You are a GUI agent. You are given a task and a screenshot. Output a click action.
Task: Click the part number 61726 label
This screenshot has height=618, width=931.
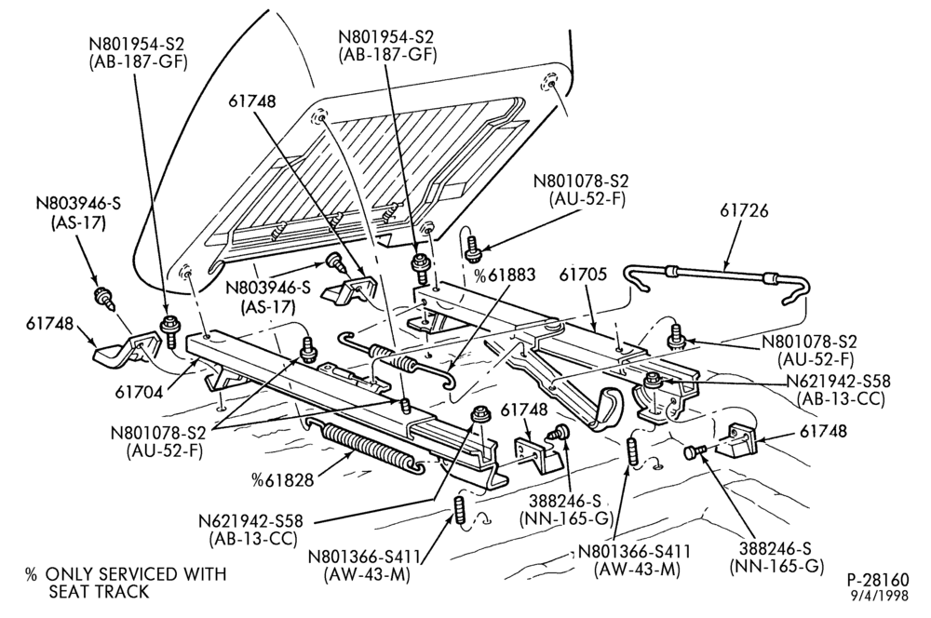(x=744, y=210)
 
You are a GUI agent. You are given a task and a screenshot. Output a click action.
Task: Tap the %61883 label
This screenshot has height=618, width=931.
(x=505, y=275)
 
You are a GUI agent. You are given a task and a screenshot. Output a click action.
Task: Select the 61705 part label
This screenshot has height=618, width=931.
(x=583, y=275)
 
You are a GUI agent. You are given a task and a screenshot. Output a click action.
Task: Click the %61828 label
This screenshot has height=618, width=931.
(x=282, y=479)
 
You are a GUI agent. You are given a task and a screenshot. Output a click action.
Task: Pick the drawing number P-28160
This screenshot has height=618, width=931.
(x=878, y=580)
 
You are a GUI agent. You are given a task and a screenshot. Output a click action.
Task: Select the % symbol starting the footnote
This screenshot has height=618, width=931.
(x=31, y=574)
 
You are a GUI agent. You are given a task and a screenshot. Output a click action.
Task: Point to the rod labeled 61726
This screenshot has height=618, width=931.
(x=715, y=279)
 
